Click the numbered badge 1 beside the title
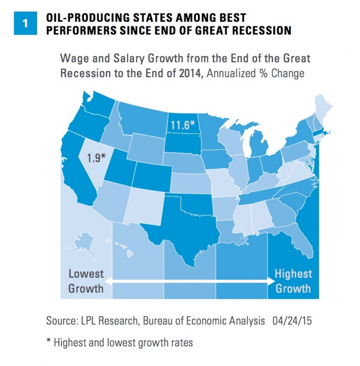[24, 24]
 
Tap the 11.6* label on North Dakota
[182, 125]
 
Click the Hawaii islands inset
[130, 253]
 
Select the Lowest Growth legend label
[86, 280]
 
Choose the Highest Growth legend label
[293, 280]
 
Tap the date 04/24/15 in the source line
[292, 321]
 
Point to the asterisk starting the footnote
[48, 341]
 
